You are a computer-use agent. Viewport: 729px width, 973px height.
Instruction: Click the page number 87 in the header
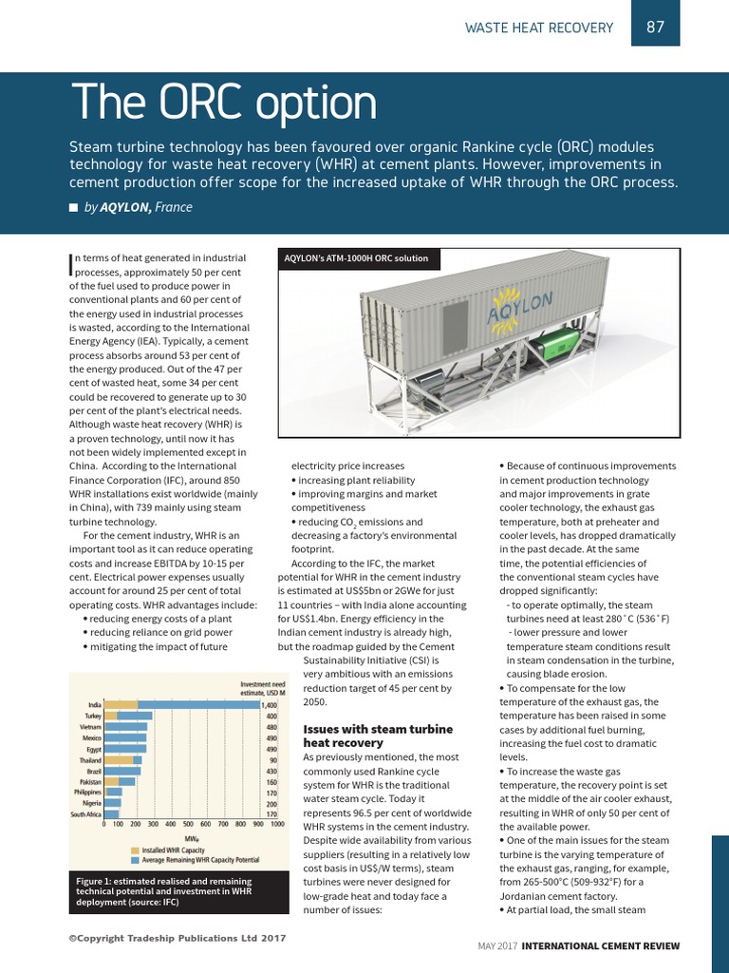[x=655, y=27]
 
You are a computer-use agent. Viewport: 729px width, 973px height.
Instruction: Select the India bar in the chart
[x=180, y=705]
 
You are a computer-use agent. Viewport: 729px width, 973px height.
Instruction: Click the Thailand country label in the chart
[x=90, y=760]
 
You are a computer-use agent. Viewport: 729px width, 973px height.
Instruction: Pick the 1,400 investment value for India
[x=271, y=705]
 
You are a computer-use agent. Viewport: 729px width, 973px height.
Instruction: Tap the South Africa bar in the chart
[x=112, y=814]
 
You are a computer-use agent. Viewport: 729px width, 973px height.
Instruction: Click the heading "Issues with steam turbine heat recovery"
[x=364, y=735]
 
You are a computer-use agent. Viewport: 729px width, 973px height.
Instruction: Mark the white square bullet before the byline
[x=73, y=208]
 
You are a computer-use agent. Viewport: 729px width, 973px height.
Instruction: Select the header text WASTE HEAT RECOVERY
[x=538, y=28]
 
